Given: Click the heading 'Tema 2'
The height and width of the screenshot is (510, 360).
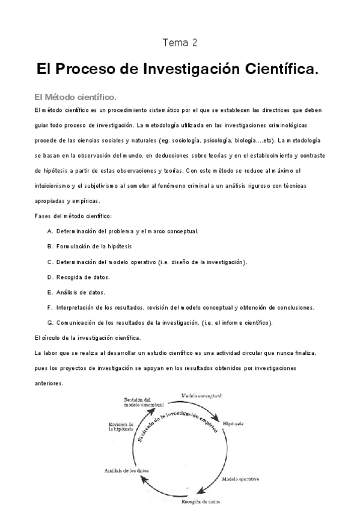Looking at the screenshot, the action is pos(180,43).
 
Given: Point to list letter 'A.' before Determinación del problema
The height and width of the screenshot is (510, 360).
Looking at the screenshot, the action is pos(50,231).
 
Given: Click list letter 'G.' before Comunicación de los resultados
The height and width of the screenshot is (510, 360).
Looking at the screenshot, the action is pos(50,323).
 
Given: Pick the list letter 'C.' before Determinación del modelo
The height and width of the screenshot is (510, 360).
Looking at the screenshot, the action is pos(50,262).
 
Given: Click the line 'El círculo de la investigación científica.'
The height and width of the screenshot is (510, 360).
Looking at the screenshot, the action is pos(88,338).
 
